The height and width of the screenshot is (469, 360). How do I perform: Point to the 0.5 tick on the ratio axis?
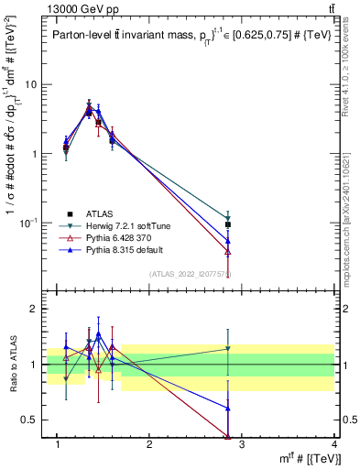coord(33,420)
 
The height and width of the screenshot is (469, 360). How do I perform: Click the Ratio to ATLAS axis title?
coord(12,365)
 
